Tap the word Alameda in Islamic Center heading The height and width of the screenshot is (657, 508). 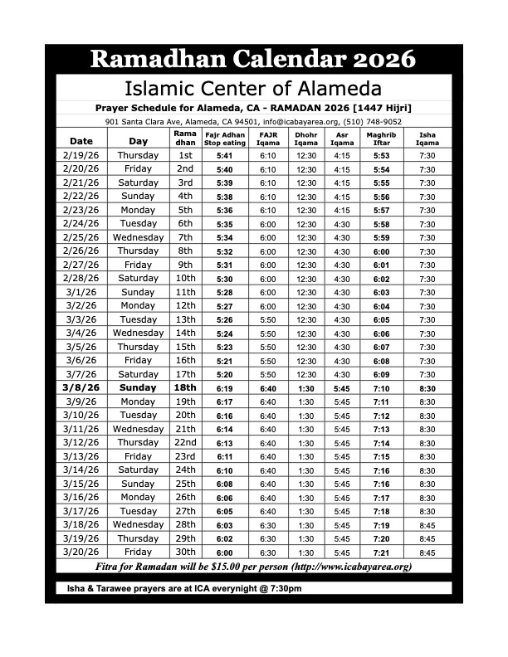point(341,88)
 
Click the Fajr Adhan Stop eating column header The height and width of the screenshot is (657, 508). point(225,138)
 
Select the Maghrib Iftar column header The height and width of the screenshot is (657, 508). point(381,138)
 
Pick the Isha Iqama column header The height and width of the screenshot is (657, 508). point(427,138)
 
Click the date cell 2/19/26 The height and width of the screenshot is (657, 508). point(81,155)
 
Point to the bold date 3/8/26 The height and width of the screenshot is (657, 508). point(81,387)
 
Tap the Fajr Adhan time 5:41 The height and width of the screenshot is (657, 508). point(224,155)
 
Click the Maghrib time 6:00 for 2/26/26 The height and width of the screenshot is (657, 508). point(381,251)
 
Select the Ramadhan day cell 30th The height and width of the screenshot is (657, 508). point(185,552)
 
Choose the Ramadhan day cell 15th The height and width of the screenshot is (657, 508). point(185,347)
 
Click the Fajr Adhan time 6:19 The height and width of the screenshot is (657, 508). point(224,387)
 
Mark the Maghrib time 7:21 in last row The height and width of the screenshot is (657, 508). point(381,552)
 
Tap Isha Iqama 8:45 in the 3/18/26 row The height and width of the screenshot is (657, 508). point(427,524)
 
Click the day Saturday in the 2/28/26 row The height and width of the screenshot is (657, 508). point(138,278)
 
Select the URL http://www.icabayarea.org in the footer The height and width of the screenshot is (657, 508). point(351,567)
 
